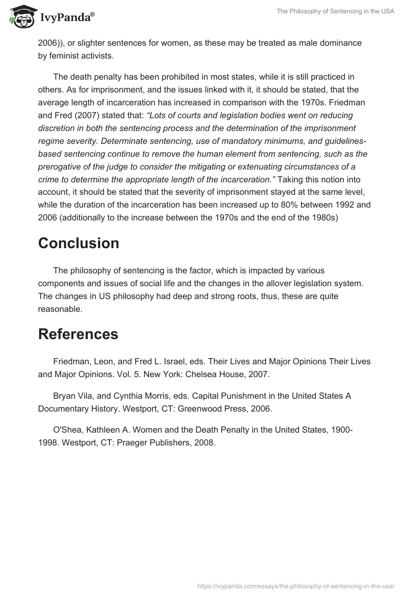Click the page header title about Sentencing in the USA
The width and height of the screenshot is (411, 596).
click(x=335, y=11)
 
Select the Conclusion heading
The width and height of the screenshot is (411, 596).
click(x=78, y=243)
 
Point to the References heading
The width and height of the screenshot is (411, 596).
click(x=78, y=334)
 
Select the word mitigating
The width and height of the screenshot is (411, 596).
click(x=222, y=166)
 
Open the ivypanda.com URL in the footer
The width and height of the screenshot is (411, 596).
click(x=295, y=585)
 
